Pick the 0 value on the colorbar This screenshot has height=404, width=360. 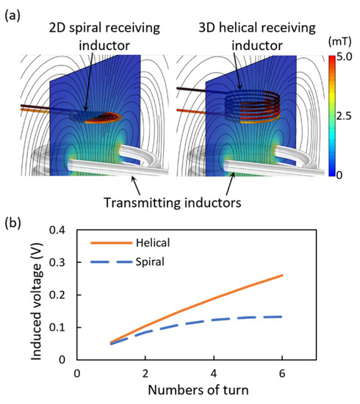click(339, 173)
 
